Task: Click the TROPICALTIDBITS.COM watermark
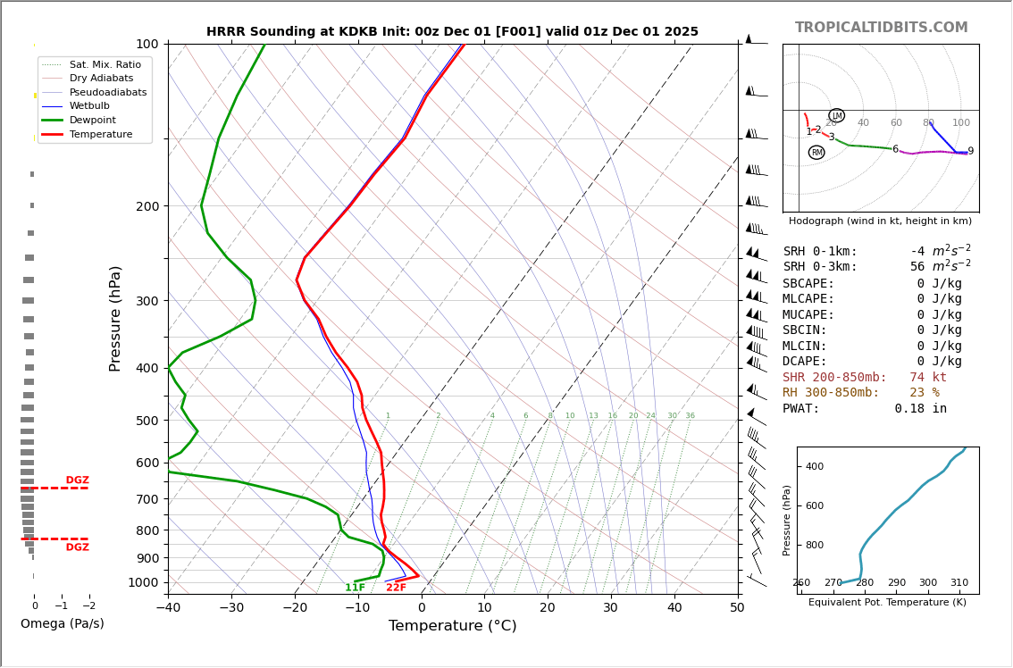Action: pos(881,28)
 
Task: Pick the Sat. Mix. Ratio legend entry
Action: pos(105,64)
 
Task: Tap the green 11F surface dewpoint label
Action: pos(355,588)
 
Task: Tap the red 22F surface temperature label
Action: pos(396,588)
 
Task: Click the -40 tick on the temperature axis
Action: pos(168,608)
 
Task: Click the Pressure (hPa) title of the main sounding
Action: pos(115,318)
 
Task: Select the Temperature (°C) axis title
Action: pos(452,626)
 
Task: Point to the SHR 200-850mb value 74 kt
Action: pos(928,378)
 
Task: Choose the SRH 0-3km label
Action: pos(819,267)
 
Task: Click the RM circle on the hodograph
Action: pos(816,153)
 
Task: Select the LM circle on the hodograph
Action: pos(836,115)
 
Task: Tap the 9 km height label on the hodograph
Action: pos(970,152)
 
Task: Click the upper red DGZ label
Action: pos(77,480)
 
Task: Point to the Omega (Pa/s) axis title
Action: pos(62,624)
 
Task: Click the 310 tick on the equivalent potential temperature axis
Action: pos(959,583)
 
